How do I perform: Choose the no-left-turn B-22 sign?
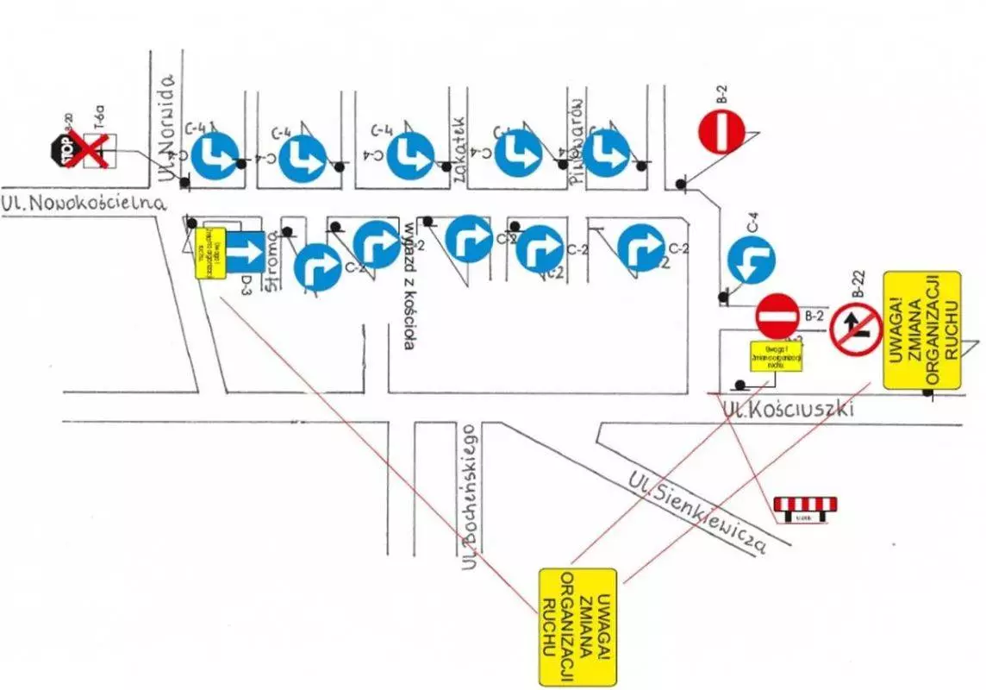click(x=856, y=329)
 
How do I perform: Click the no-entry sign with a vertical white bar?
click(x=721, y=134)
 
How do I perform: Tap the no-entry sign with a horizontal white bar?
click(x=779, y=316)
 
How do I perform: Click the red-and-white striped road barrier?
click(x=805, y=507)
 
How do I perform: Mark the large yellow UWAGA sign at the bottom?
click(x=577, y=626)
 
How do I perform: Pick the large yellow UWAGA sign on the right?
click(x=921, y=330)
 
